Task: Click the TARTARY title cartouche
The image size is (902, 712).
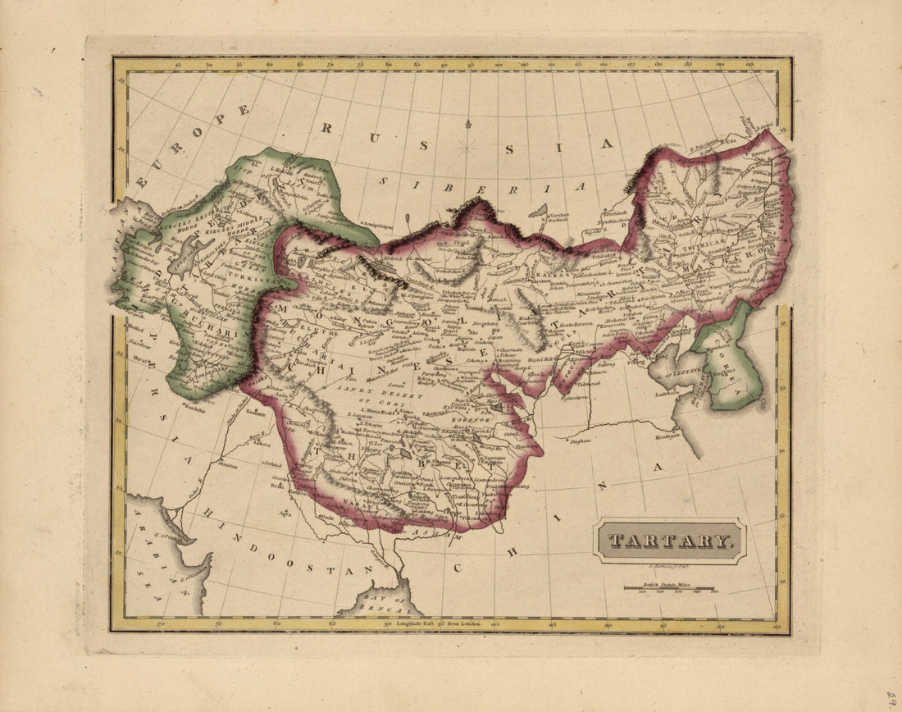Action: click(x=670, y=541)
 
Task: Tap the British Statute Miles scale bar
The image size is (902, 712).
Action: click(x=668, y=587)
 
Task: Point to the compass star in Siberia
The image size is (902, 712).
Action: click(x=467, y=148)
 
